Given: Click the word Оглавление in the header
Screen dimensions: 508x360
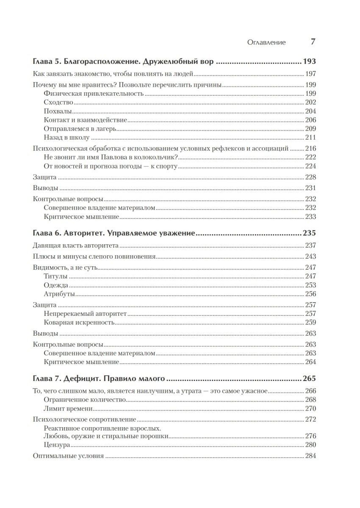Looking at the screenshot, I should click(x=266, y=42).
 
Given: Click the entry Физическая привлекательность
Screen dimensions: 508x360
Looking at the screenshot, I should click(x=93, y=94).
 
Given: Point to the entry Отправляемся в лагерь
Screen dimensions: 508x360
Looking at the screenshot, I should click(x=80, y=129).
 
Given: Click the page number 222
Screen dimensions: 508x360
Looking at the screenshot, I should click(x=311, y=157).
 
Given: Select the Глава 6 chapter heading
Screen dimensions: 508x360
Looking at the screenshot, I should click(x=114, y=233).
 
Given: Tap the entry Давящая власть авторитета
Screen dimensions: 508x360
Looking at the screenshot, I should click(x=75, y=246).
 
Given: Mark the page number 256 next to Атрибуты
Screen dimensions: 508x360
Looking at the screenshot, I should click(x=311, y=294).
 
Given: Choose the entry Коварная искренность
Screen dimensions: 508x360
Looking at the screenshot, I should click(x=79, y=323).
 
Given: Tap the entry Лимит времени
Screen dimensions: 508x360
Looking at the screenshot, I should click(x=68, y=409).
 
